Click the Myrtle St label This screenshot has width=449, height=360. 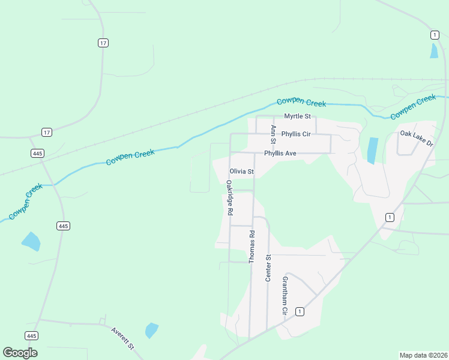click(x=297, y=116)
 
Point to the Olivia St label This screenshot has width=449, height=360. click(x=242, y=172)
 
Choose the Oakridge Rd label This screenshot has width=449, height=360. click(x=229, y=197)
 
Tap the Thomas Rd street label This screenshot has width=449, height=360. click(x=252, y=247)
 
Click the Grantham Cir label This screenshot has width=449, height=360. click(x=285, y=296)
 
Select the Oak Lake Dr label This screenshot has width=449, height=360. click(x=417, y=138)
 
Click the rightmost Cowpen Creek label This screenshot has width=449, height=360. click(x=412, y=107)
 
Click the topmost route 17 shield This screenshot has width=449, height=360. click(x=103, y=43)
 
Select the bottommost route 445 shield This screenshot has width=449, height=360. click(x=32, y=335)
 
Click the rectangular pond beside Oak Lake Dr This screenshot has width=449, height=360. click(x=372, y=151)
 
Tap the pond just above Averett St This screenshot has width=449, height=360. click(x=151, y=330)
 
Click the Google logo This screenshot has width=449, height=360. click(x=20, y=353)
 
